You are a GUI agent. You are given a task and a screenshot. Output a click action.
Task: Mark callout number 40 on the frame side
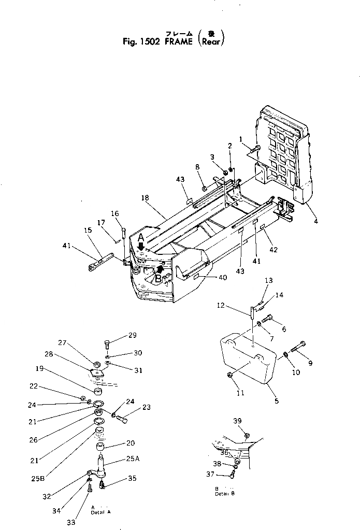[222, 278]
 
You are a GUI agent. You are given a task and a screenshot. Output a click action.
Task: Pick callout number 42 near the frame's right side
[274, 250]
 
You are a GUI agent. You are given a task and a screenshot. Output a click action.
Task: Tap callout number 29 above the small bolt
[132, 336]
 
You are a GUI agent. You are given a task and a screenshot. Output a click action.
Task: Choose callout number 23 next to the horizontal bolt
[146, 407]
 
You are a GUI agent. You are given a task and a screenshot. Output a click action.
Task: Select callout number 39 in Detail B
[237, 420]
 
